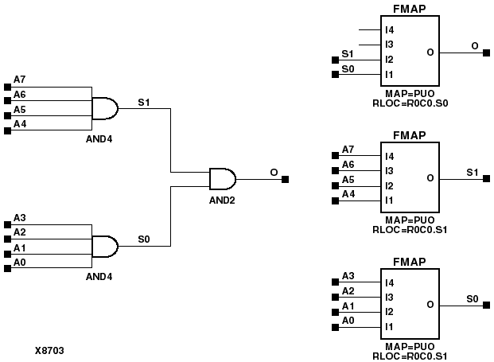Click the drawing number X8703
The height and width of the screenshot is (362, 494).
[x=50, y=349]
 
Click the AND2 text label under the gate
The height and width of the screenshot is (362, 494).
[x=222, y=200]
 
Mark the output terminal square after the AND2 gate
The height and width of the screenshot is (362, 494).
[x=286, y=179]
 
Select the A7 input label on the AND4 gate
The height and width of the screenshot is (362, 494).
[x=20, y=80]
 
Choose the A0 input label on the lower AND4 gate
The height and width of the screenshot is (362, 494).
[x=20, y=261]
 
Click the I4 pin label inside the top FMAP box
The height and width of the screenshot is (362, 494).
[x=390, y=30]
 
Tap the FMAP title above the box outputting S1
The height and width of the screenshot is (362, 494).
[x=410, y=135]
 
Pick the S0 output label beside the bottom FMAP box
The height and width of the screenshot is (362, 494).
[x=472, y=299]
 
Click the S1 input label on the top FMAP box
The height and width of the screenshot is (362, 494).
[x=347, y=53]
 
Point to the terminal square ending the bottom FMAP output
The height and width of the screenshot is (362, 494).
[x=487, y=306]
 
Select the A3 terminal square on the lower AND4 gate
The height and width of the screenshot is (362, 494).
[x=8, y=224]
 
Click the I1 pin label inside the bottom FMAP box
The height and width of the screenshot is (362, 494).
[x=390, y=327]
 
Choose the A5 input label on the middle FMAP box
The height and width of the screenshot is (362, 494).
[x=348, y=179]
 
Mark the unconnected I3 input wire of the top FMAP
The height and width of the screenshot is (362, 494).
[x=369, y=45]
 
